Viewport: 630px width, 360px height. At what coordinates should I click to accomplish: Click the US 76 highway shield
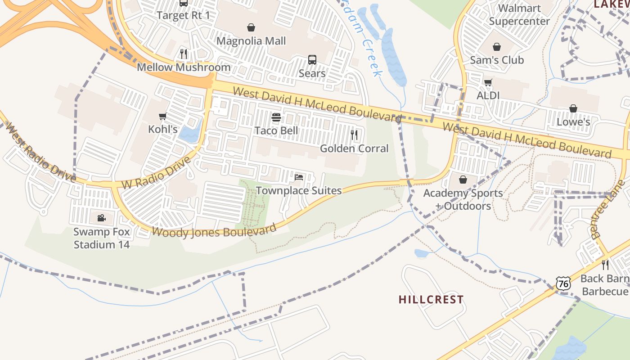click(x=563, y=283)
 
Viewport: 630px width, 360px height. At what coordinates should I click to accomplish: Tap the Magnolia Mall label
click(x=251, y=41)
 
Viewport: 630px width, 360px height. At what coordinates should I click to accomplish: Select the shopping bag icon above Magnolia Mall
click(x=251, y=28)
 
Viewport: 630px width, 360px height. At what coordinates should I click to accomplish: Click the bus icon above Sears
click(x=312, y=59)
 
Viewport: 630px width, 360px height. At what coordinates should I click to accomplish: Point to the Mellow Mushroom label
click(x=184, y=67)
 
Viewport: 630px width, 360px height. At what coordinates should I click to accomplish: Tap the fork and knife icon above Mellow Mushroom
click(x=184, y=54)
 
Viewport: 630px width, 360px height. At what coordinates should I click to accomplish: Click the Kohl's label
click(x=163, y=130)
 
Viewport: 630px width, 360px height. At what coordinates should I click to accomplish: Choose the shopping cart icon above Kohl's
click(x=163, y=117)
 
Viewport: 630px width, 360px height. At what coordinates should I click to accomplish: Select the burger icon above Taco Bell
click(x=276, y=117)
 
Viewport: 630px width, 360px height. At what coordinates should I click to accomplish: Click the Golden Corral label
click(x=354, y=148)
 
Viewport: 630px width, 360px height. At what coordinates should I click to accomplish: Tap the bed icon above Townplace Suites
click(x=299, y=177)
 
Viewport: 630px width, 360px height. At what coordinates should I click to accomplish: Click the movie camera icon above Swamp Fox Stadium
click(x=102, y=218)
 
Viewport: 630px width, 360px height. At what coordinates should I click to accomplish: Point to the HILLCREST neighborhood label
click(x=431, y=300)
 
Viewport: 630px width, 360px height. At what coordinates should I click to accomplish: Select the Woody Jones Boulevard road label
click(x=214, y=231)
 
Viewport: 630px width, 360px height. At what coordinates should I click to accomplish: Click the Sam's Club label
click(x=497, y=60)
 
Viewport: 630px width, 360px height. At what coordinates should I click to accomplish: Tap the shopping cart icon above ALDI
click(x=488, y=82)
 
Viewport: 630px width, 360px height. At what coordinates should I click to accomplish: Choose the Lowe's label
click(x=573, y=122)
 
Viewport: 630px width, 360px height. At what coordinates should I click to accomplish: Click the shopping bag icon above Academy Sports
click(x=463, y=180)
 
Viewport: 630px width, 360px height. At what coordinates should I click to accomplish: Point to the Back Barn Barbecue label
click(x=605, y=285)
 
